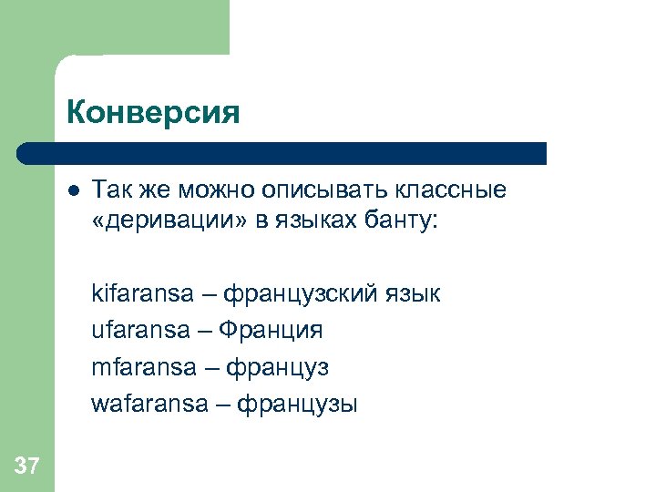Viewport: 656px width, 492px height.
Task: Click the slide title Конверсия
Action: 152,112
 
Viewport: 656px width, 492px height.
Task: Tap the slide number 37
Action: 27,466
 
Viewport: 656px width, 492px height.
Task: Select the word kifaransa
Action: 142,293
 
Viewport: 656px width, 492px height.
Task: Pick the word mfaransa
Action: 144,366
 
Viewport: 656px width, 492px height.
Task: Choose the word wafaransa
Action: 149,404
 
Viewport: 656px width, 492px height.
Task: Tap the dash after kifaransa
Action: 209,293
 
